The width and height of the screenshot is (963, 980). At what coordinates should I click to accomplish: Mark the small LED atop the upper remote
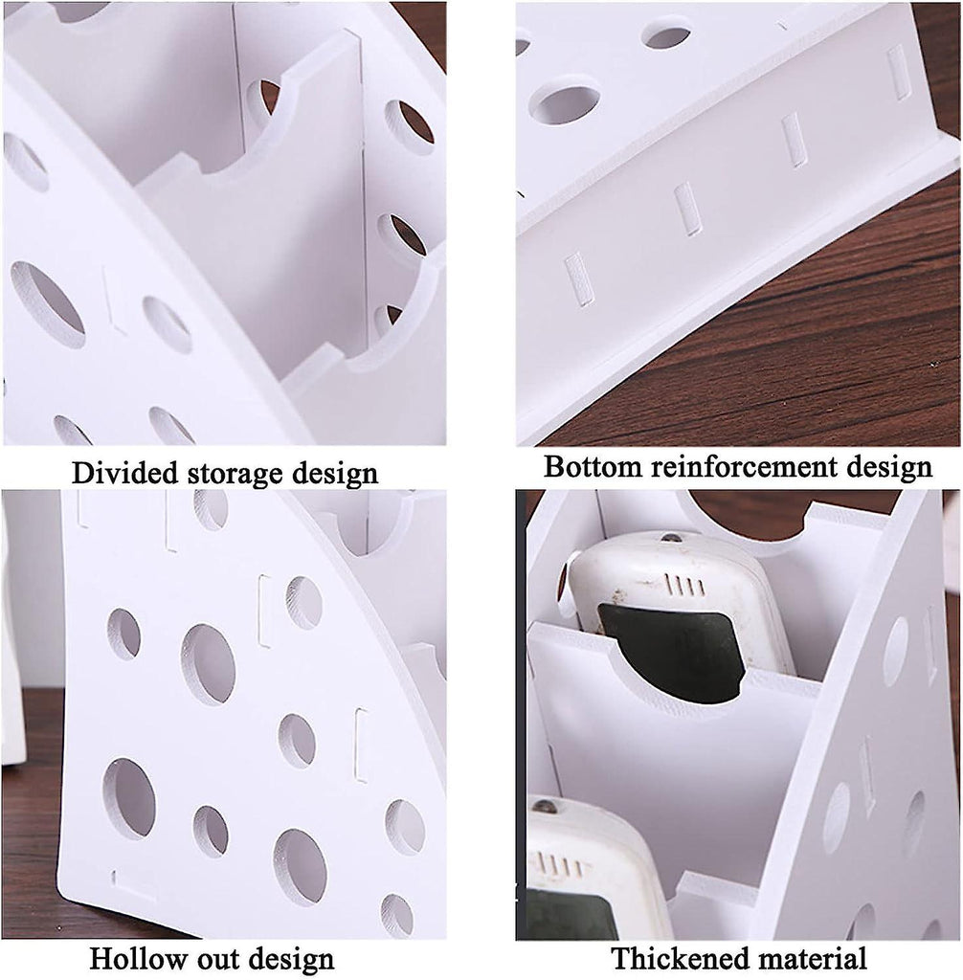(671, 538)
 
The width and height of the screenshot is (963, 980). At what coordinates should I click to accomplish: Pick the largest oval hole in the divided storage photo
(48, 305)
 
